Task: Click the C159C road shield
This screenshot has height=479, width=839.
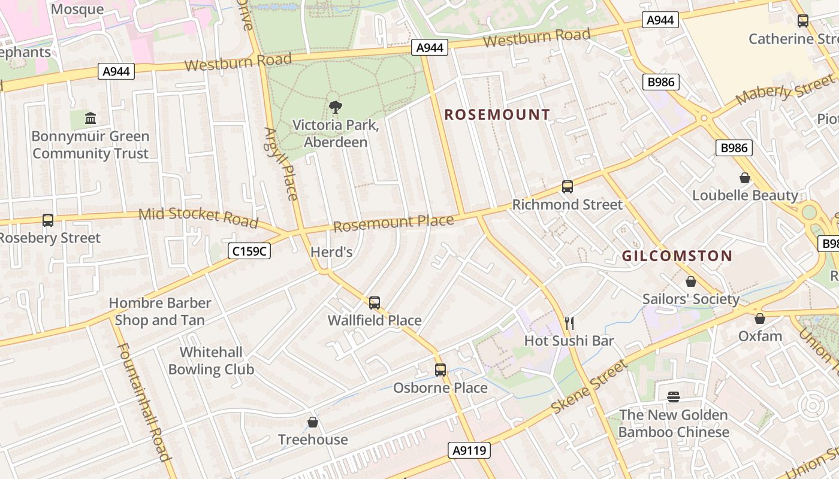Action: tap(249, 251)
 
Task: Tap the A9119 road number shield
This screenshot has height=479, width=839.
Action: tap(469, 450)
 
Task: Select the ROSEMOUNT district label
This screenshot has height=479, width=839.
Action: tap(497, 114)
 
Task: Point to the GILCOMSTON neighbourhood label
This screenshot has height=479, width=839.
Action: tap(677, 256)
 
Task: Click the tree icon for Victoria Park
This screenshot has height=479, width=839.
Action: tap(336, 107)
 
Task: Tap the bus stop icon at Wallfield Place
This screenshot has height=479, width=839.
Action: tap(375, 302)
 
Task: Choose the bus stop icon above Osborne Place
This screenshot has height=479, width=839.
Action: tap(440, 369)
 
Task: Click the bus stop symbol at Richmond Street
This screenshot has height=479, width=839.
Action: tap(568, 186)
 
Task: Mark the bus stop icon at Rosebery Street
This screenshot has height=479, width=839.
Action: tap(48, 220)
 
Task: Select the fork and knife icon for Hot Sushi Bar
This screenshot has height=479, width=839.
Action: tap(569, 323)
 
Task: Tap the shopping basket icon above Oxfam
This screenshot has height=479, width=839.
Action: tap(760, 319)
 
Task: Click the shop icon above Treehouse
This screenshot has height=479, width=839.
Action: tap(313, 422)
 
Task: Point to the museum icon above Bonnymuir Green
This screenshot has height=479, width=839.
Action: tap(90, 118)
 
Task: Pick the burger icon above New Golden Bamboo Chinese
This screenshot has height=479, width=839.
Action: tap(674, 396)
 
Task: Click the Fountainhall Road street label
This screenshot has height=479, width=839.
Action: tap(144, 402)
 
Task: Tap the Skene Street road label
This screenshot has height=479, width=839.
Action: tap(589, 387)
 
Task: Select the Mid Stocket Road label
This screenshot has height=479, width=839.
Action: tap(198, 217)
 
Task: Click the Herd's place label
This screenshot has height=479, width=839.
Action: tap(331, 252)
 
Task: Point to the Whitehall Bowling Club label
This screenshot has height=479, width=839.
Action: tap(211, 360)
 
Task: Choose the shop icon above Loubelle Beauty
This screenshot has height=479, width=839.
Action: tap(744, 178)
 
